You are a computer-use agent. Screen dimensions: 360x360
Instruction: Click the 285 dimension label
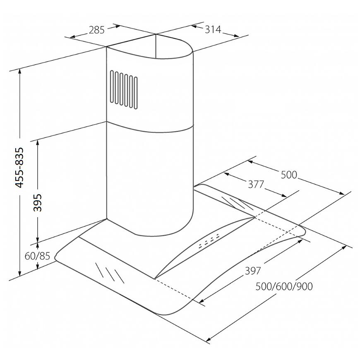96,30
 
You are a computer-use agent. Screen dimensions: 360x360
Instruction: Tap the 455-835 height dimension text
19,168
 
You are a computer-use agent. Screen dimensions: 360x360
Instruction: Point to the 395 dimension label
38,202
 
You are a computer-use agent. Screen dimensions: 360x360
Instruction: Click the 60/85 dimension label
37,256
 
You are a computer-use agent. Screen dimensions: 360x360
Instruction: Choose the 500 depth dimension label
289,175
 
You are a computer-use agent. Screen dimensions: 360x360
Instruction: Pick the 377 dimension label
256,185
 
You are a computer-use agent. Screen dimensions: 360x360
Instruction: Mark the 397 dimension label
253,271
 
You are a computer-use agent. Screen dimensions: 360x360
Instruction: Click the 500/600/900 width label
284,286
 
